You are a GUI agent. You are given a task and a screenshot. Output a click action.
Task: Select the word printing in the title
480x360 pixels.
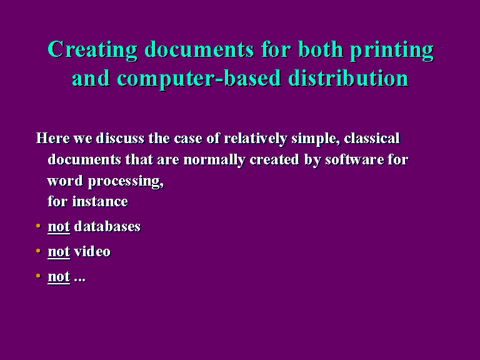click(x=392, y=50)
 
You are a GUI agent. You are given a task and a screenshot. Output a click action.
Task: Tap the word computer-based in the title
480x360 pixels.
click(x=199, y=79)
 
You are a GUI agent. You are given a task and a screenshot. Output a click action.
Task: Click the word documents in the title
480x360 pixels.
click(x=199, y=49)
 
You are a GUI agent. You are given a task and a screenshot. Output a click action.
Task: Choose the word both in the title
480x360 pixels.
click(x=321, y=49)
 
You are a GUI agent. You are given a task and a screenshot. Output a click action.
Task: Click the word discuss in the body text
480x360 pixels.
click(x=120, y=138)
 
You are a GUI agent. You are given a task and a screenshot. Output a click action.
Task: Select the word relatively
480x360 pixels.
click(x=256, y=139)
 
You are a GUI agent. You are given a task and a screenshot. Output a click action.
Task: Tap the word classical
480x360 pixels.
click(x=372, y=138)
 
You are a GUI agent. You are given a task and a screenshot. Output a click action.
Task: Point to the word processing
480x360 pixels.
click(x=126, y=181)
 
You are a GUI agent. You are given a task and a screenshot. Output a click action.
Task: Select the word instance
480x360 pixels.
click(x=100, y=201)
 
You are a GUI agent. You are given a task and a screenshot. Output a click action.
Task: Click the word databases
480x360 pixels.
click(x=107, y=226)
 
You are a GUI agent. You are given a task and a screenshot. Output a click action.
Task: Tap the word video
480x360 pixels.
click(x=92, y=252)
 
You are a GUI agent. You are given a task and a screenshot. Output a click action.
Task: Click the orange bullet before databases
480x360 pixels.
click(x=38, y=226)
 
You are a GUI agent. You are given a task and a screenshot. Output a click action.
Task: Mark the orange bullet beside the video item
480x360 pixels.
click(x=38, y=251)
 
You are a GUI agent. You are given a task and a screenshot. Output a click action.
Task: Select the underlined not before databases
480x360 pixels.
click(x=59, y=227)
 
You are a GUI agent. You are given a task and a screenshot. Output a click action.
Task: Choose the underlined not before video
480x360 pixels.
click(x=59, y=252)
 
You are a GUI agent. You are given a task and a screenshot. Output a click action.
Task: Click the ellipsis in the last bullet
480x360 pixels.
click(x=79, y=280)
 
